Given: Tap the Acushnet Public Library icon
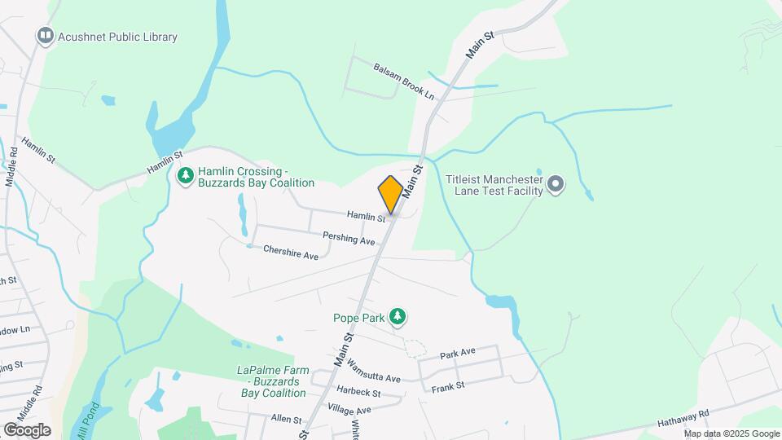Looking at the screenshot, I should (46, 36).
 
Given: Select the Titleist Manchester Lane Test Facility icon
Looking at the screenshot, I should (556, 184).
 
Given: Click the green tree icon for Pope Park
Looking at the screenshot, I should (397, 316).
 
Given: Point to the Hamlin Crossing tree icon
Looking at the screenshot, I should (187, 175).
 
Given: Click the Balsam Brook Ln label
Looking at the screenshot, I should (403, 81).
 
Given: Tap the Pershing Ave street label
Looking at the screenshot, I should (348, 240).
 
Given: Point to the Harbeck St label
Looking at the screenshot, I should (358, 393).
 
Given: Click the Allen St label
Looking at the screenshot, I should (286, 419).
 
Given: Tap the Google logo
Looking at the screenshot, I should (27, 429).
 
